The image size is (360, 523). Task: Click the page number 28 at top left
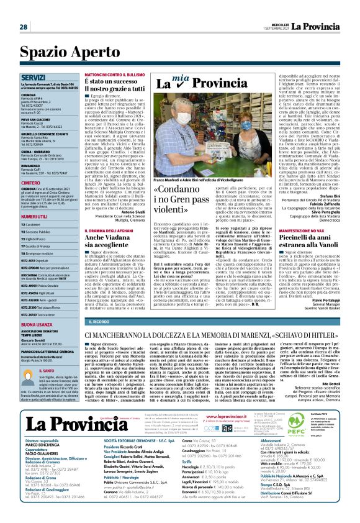[23, 27]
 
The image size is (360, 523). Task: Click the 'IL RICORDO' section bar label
[99, 322]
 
